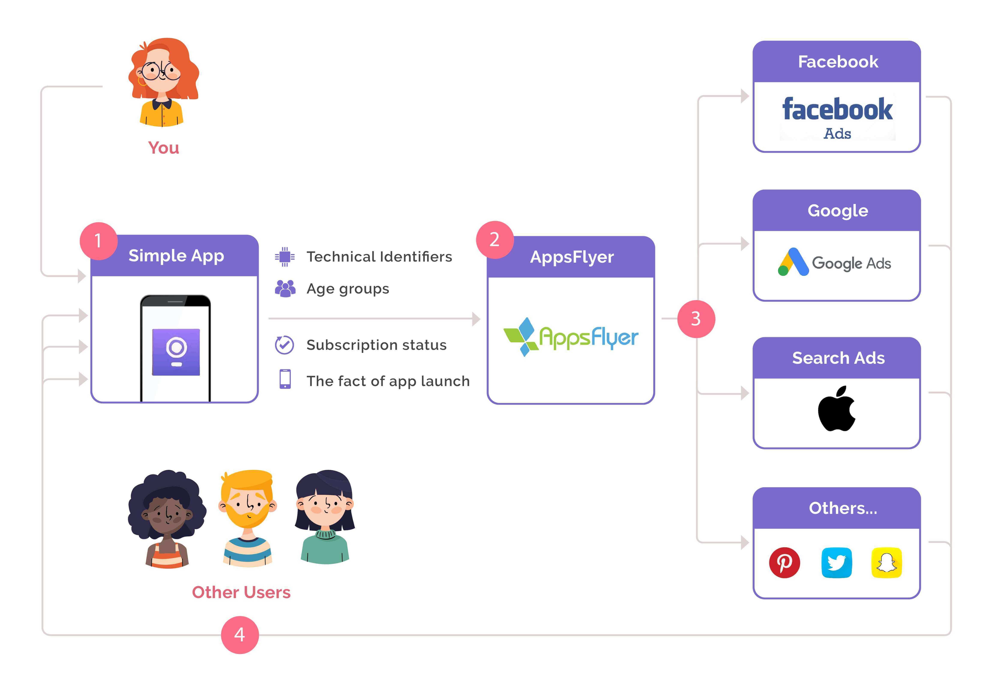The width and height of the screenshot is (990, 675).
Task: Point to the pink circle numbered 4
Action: pyautogui.click(x=240, y=635)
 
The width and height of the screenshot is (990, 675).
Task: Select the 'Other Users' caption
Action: pyautogui.click(x=241, y=592)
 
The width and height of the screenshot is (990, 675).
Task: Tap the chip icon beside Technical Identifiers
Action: pyautogui.click(x=285, y=257)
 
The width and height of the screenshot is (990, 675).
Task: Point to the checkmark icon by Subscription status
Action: pyautogui.click(x=285, y=345)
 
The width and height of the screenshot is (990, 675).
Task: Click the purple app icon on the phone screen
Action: pyautogui.click(x=176, y=352)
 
